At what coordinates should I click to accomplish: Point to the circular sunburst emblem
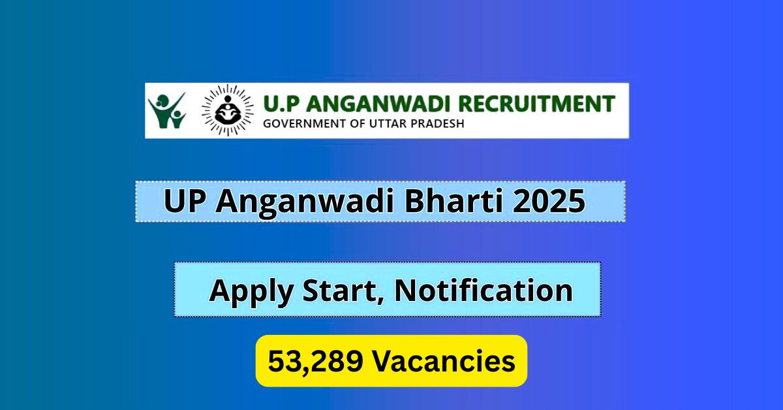click(227, 111)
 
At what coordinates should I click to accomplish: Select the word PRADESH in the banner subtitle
click(435, 123)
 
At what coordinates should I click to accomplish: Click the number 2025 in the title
click(549, 202)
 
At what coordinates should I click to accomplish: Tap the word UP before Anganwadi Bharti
click(185, 202)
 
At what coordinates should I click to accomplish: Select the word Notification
click(484, 290)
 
